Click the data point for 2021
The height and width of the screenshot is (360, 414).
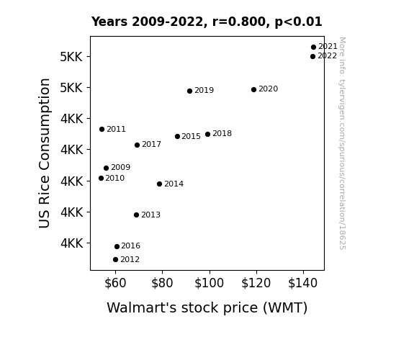point(313,48)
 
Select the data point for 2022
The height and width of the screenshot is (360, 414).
point(313,57)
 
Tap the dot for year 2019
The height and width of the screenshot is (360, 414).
point(189,91)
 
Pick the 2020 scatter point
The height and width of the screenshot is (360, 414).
point(253,90)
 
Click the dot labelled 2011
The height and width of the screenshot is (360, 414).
point(102,129)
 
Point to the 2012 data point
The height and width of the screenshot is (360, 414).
point(115,260)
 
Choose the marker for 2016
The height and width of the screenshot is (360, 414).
point(117,247)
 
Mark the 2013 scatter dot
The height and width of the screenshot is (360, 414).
point(136,215)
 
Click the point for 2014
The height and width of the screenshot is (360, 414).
point(159,184)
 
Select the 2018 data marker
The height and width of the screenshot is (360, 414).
point(208,135)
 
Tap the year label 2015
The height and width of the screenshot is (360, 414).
point(191,137)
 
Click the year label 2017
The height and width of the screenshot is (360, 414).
point(151,145)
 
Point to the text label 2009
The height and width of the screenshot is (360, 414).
point(121,168)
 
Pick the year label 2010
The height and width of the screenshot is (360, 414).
point(115,179)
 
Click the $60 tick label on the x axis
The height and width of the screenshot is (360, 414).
point(115,283)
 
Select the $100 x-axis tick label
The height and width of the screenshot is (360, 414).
point(209,283)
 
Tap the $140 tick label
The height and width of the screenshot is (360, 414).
point(302,283)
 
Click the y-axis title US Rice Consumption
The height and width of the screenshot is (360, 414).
point(45,153)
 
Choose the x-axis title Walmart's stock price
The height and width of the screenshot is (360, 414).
point(182,308)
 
